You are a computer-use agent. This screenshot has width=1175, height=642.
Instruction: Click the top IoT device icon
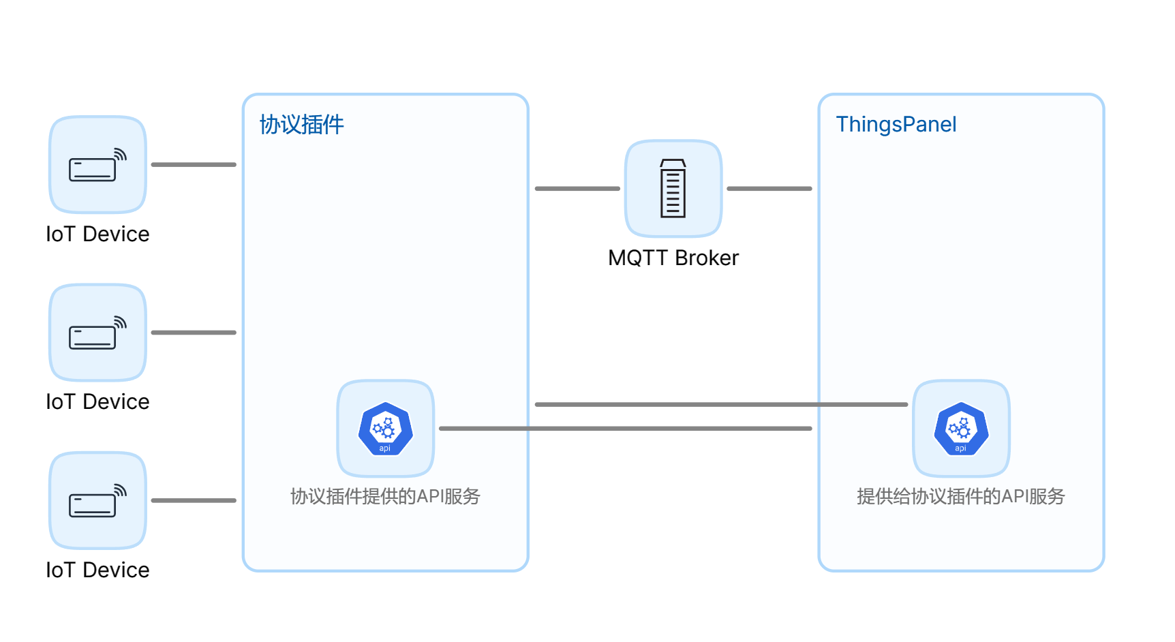97,165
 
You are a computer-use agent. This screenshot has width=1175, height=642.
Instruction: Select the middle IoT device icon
97,333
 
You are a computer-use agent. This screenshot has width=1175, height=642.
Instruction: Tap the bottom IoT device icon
97,500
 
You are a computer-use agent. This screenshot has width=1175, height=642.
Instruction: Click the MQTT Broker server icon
673,189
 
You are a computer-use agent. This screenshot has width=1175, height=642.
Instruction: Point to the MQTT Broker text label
673,258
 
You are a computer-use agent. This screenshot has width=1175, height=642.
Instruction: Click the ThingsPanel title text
896,124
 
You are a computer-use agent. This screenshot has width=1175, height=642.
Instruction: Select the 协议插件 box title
302,125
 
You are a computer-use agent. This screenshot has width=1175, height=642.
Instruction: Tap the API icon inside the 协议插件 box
385,429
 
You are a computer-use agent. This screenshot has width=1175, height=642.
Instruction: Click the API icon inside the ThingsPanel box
961,429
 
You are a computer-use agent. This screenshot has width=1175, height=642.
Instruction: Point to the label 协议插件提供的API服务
385,496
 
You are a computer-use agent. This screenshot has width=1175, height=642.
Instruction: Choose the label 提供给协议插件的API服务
960,496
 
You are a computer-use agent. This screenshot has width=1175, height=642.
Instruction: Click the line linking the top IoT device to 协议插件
194,165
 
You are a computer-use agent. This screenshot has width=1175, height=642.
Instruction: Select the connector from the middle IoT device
194,333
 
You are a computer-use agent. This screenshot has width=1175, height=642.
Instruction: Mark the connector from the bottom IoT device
194,500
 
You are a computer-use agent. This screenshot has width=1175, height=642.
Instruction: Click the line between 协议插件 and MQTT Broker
577,189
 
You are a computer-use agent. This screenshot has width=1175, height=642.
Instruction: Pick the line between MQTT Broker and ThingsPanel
769,189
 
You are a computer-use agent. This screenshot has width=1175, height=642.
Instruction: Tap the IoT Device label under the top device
97,234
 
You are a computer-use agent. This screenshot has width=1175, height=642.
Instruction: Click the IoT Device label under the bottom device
97,570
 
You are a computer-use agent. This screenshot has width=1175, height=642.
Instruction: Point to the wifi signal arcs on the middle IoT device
121,322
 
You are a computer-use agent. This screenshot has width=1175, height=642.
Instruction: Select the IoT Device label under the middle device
97,401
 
